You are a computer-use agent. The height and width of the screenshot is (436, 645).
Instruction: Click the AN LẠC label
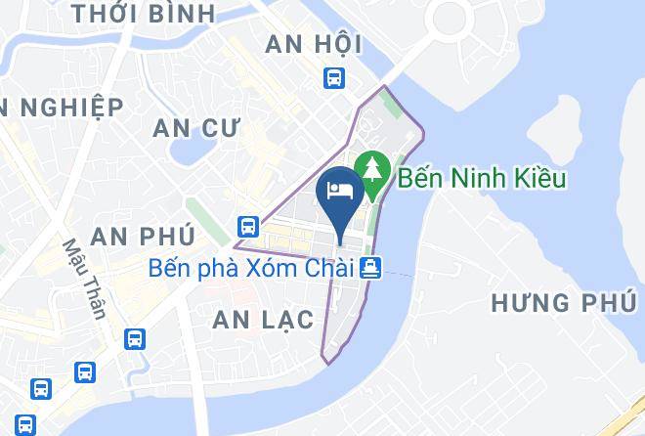(x=263, y=320)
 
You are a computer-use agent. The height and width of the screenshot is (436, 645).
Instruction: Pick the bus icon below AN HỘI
(x=334, y=78)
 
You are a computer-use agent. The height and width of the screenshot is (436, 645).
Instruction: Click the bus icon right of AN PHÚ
(x=247, y=227)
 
